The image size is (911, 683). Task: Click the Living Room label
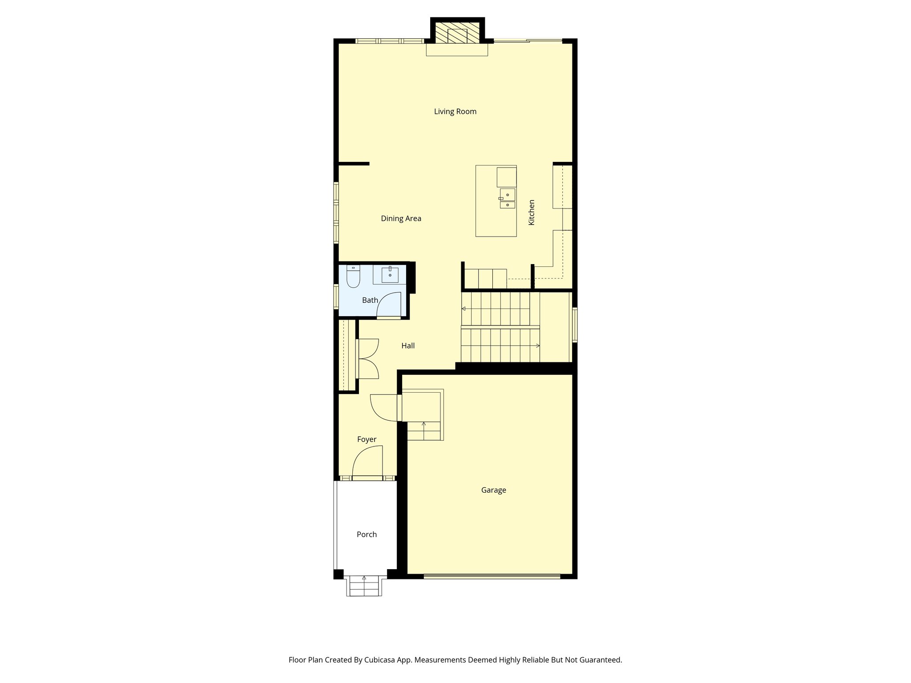coord(455,112)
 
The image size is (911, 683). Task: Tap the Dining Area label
coord(401,218)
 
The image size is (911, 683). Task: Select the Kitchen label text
coord(532,212)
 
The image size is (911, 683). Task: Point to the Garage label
coord(493,490)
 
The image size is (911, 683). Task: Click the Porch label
coord(367,534)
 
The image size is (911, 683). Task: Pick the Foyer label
coord(367,439)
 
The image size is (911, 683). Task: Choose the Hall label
coord(408,346)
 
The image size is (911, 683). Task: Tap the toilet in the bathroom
coord(353,277)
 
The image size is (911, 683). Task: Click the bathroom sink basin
coord(390,275)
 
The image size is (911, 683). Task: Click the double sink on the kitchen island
coord(507,199)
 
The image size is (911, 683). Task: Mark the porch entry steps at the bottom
coord(364,586)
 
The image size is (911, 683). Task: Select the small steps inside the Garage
coord(423,430)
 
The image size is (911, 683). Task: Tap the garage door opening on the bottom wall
coord(492,576)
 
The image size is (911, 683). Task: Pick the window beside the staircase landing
coord(575,325)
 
